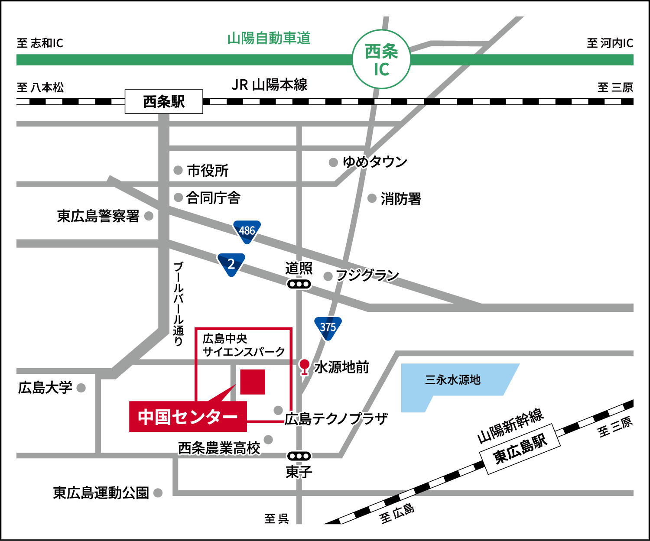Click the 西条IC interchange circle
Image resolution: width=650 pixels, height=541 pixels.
[x=381, y=59]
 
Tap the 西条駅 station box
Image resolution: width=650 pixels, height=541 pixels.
[x=164, y=102]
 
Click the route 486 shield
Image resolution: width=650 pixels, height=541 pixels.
[x=247, y=231]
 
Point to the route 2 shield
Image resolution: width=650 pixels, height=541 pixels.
[x=231, y=264]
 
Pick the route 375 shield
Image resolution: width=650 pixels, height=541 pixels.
[x=328, y=327]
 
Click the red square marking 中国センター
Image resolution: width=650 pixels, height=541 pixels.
[x=252, y=382]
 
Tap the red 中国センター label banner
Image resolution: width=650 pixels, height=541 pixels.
[x=188, y=417]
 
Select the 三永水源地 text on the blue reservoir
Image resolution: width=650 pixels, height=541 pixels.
[x=452, y=380]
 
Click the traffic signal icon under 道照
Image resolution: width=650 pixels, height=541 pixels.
[x=299, y=284]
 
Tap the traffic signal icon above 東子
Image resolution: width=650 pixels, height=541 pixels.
[x=299, y=456]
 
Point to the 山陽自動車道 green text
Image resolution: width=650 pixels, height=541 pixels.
[x=269, y=39]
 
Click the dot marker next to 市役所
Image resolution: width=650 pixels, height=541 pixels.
[x=178, y=170]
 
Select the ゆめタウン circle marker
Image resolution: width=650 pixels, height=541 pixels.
[x=333, y=162]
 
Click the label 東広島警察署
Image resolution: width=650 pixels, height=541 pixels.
[x=98, y=216]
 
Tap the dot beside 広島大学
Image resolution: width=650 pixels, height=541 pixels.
[x=81, y=388]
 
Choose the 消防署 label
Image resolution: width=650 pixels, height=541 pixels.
[x=401, y=199]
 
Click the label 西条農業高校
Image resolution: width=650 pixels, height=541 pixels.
[x=219, y=447]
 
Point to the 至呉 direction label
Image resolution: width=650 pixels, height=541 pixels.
[x=276, y=518]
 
